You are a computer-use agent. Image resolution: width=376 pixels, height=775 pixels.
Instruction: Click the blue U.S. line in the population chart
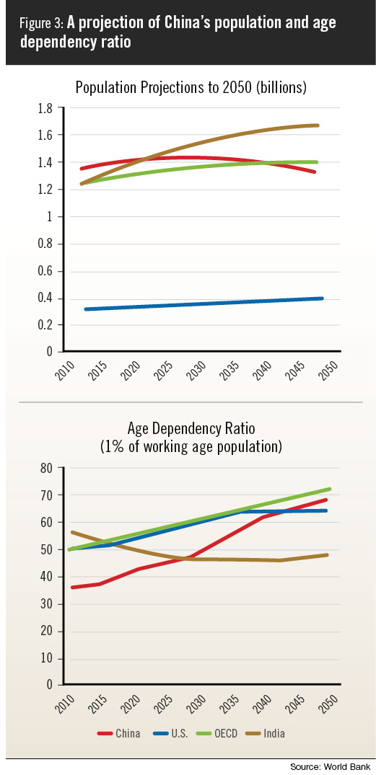point(204,304)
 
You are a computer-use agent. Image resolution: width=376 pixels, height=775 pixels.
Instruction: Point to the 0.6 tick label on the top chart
point(46,272)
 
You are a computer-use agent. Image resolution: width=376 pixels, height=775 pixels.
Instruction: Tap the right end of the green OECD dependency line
point(329,490)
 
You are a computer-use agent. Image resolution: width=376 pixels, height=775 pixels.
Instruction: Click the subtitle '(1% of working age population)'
point(191,447)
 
